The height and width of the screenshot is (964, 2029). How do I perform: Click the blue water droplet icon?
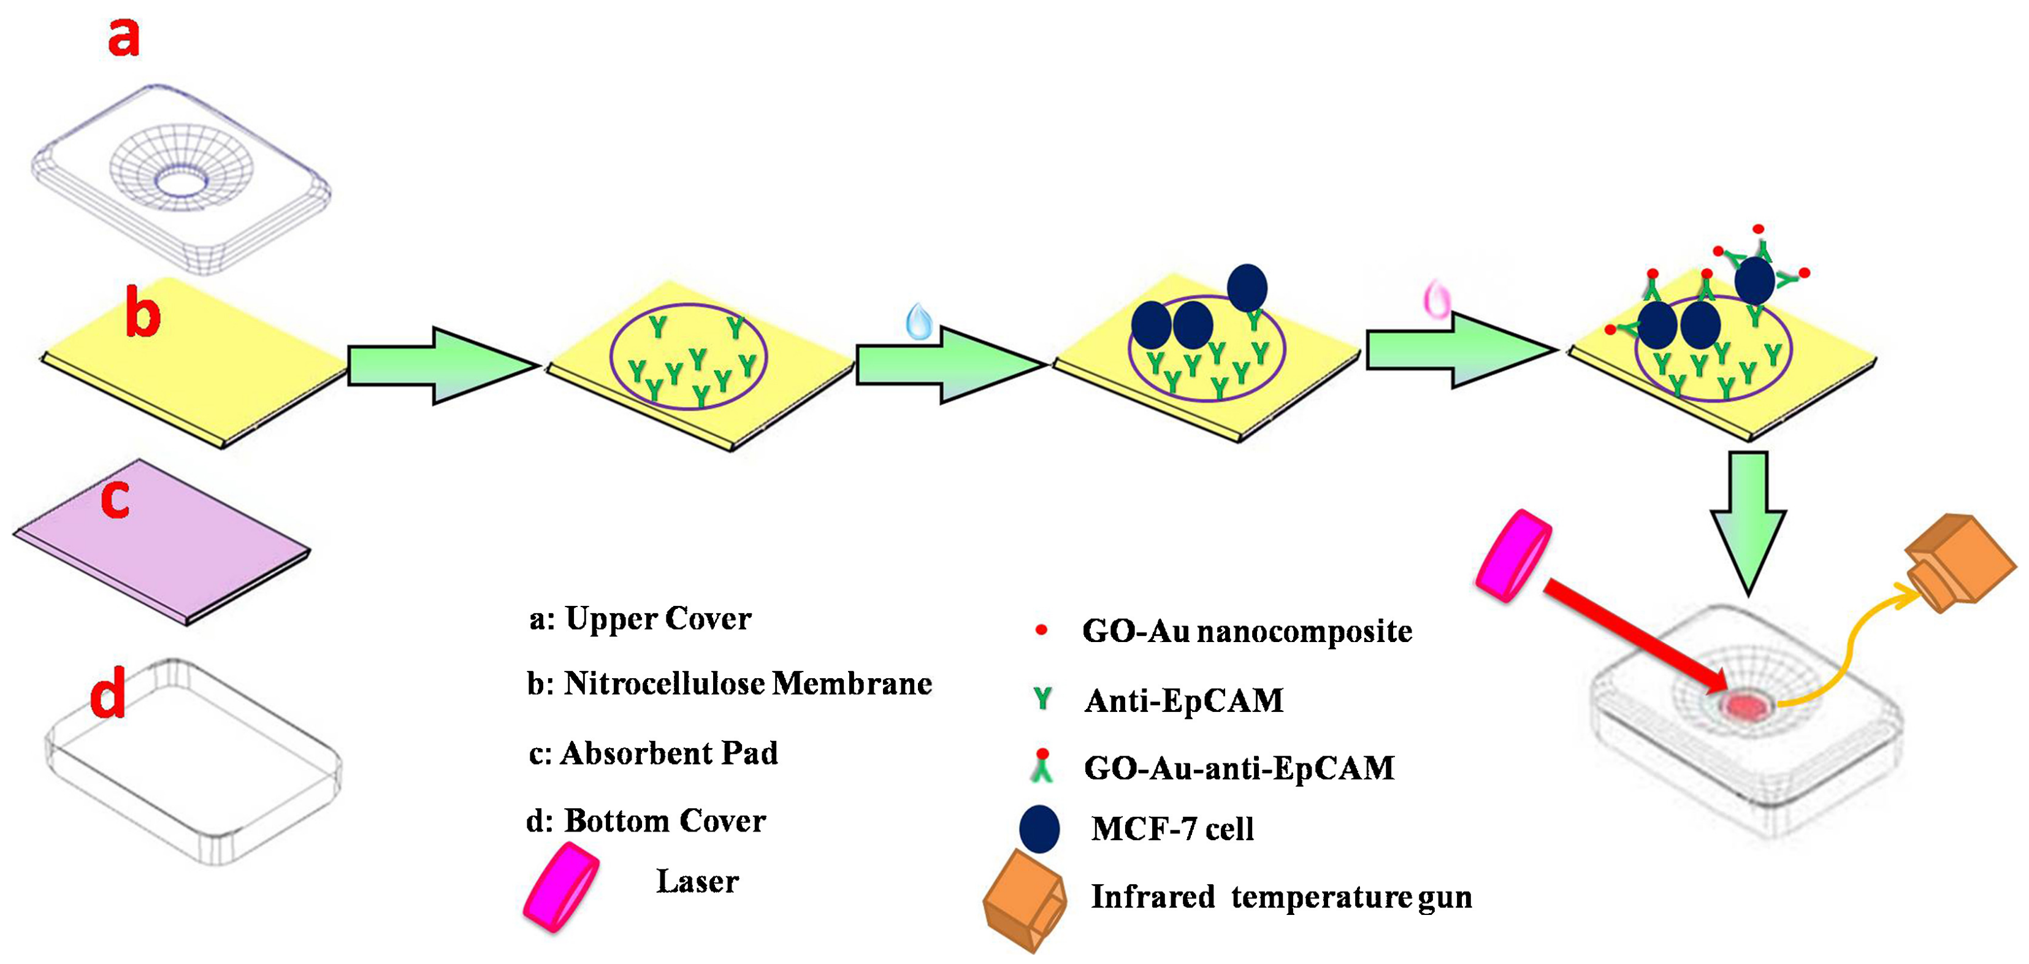[919, 321]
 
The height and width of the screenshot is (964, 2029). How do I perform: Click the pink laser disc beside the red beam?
[1512, 554]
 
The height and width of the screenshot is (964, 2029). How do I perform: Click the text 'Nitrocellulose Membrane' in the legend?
[747, 684]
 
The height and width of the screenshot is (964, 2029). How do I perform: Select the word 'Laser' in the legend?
[697, 881]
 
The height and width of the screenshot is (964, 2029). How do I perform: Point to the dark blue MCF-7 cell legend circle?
[1039, 828]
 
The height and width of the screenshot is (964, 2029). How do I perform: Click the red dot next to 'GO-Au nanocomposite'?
[1041, 630]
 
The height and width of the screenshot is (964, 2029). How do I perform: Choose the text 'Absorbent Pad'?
[669, 754]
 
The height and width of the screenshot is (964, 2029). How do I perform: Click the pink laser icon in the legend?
[562, 887]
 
